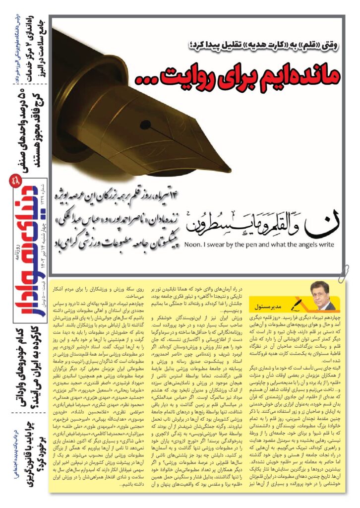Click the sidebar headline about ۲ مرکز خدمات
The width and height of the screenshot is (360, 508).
[25, 40]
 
